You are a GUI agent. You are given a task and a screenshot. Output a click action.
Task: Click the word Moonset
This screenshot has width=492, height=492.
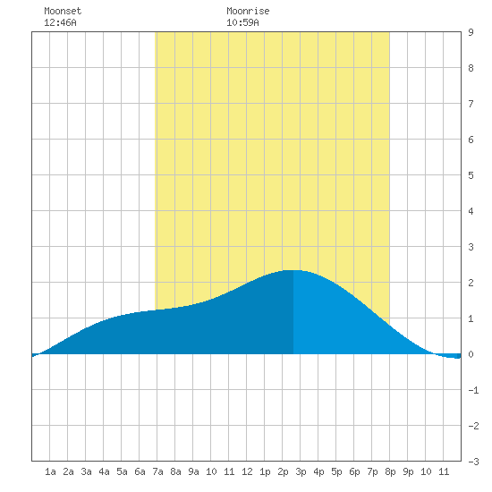pos(63,11)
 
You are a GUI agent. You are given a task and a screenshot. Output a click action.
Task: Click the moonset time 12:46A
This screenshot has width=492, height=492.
pos(60,22)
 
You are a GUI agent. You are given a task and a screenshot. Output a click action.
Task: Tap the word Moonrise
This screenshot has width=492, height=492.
pos(248,11)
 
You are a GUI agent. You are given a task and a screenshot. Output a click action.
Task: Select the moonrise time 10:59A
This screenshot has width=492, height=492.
pos(242,22)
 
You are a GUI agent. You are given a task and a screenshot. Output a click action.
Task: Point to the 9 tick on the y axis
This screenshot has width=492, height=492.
pos(471,32)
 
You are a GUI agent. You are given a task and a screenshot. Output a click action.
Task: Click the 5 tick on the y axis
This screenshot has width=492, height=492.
pos(471,175)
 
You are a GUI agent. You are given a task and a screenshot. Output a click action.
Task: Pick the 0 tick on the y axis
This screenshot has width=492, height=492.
pos(471,354)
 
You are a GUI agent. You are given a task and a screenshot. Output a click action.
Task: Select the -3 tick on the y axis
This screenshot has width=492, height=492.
pos(473,462)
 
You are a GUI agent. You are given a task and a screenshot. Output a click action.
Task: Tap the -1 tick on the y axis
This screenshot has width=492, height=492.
pos(473,390)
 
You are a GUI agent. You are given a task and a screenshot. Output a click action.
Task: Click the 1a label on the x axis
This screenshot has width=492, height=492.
pos(50,471)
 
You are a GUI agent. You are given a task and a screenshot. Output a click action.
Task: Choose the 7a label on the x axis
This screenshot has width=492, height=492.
pos(157,471)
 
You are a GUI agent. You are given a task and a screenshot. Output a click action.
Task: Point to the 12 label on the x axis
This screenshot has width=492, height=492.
pos(247,471)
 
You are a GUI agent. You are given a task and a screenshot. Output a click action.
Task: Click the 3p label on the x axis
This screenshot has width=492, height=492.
pos(301,471)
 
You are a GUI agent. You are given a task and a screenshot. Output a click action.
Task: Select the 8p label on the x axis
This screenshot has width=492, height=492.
pos(390,471)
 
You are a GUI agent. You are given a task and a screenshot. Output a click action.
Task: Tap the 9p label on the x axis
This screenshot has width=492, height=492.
pos(408,471)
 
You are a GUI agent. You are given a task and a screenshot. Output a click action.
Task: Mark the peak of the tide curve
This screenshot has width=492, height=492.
pos(293,270)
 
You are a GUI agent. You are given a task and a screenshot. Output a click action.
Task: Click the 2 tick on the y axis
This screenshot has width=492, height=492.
pos(471,283)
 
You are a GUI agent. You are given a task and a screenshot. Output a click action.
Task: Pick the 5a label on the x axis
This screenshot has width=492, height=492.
pos(122,471)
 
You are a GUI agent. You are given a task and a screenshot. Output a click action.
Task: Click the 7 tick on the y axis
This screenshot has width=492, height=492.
pos(471,104)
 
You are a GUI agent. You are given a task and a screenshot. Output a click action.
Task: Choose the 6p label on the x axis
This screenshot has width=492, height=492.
pos(354,471)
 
